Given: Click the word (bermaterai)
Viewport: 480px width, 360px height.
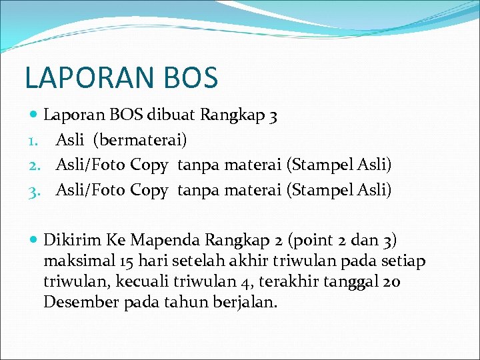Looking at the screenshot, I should tap(140, 140).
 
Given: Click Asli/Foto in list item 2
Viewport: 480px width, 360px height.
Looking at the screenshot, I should tap(91, 165).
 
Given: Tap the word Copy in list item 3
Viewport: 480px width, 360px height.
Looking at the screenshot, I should tap(149, 190).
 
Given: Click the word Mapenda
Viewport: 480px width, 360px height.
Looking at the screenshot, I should tap(165, 239).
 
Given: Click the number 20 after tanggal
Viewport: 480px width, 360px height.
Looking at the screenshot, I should tap(392, 281).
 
